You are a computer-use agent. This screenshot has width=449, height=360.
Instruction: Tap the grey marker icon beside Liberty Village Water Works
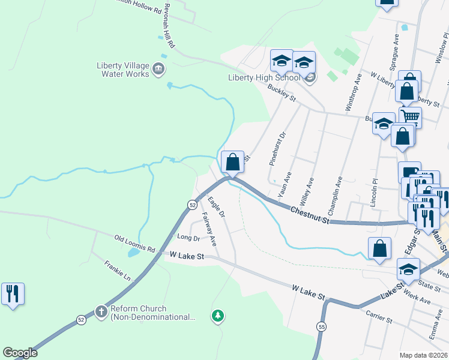(x=158, y=68)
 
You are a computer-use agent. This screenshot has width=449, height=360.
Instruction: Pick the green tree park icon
(x=218, y=315)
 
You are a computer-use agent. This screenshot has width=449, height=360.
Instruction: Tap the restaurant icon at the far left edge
(x=13, y=294)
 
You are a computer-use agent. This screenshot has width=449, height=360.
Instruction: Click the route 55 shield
(x=321, y=326)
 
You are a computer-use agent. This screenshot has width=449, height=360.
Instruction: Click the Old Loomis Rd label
(x=134, y=244)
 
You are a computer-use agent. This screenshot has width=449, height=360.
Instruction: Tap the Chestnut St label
(x=310, y=214)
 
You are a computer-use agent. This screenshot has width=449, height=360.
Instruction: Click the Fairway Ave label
(x=209, y=229)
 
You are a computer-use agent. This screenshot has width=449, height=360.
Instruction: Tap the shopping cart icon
(x=411, y=116)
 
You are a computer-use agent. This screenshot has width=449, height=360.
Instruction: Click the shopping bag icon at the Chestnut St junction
(x=232, y=161)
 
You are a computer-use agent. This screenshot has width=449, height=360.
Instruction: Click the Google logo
(x=20, y=353)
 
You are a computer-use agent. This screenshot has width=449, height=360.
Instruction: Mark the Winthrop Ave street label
(x=353, y=92)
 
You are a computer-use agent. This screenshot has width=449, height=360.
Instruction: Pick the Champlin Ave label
(x=334, y=194)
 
